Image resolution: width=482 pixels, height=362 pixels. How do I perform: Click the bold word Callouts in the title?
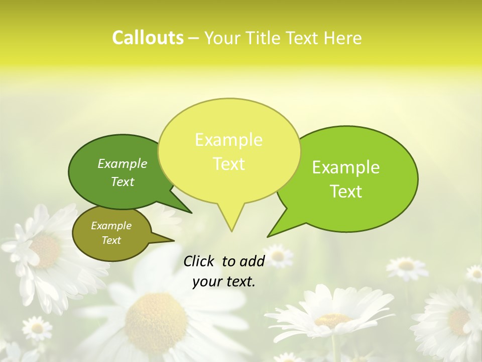coord(148,38)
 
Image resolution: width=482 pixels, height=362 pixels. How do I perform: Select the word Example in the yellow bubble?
coord(228,140)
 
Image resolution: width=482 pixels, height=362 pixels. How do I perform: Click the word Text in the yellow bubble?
coord(228,164)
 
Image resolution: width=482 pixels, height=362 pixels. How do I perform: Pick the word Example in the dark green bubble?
coord(123,163)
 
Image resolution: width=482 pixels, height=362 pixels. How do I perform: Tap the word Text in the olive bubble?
coord(111,240)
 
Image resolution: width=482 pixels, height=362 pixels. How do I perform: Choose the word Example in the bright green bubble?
coord(346,167)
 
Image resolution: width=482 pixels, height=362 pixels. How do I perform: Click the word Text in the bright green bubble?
coord(346,192)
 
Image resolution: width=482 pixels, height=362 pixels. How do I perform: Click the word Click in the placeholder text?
coord(199,261)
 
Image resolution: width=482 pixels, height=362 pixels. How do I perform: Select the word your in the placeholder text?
coord(207,282)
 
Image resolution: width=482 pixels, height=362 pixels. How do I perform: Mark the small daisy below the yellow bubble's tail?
coord(278,256)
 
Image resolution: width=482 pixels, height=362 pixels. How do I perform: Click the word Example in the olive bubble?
coord(111,226)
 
